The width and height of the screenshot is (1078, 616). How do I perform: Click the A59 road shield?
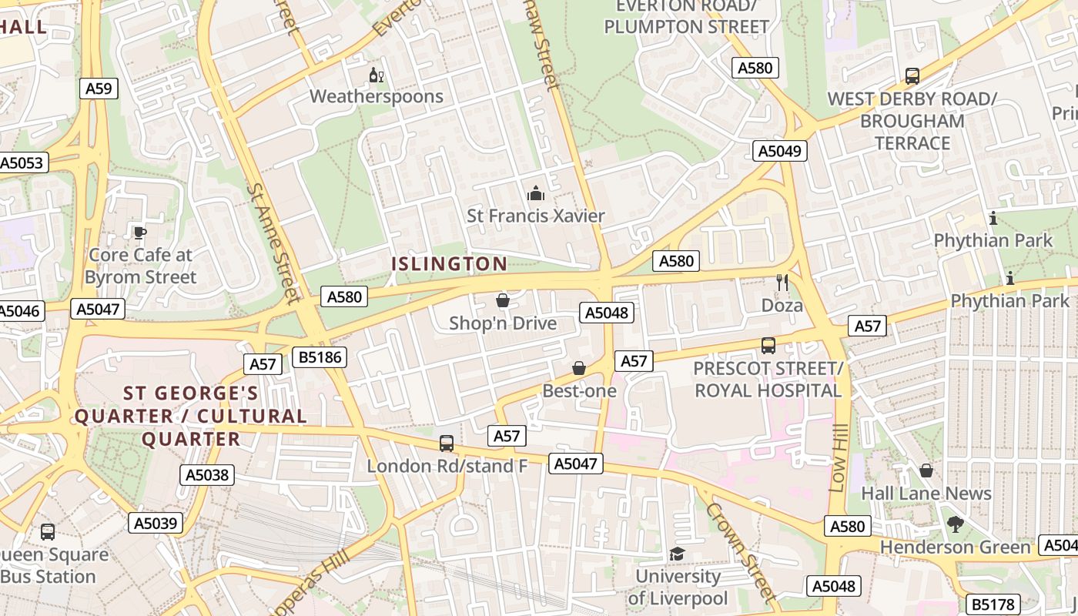coord(99,89)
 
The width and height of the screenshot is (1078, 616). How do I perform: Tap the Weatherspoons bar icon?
coord(377,75)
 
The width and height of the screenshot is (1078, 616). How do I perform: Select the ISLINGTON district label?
coord(450,264)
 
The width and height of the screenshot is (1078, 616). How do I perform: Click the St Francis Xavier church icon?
coord(536,193)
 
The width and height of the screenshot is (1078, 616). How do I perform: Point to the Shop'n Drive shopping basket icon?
coord(503,300)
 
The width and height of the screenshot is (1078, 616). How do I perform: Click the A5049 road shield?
coord(779,151)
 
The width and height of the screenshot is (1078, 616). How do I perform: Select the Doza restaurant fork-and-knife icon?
coord(782,283)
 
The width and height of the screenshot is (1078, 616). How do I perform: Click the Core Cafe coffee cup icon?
coord(139,233)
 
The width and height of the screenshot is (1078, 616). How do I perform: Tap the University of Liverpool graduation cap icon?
coord(677,554)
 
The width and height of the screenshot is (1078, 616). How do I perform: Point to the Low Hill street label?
coord(839,458)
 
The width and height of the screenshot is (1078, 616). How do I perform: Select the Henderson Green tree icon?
coord(956,525)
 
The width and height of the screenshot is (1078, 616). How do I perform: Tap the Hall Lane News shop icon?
coord(926,470)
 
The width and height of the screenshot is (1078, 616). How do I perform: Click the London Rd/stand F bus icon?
coord(447,444)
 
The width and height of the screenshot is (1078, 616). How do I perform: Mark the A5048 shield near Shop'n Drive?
coord(607,313)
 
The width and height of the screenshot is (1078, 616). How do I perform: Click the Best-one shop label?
coord(580,391)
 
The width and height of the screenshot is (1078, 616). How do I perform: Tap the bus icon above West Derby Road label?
coord(912,76)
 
